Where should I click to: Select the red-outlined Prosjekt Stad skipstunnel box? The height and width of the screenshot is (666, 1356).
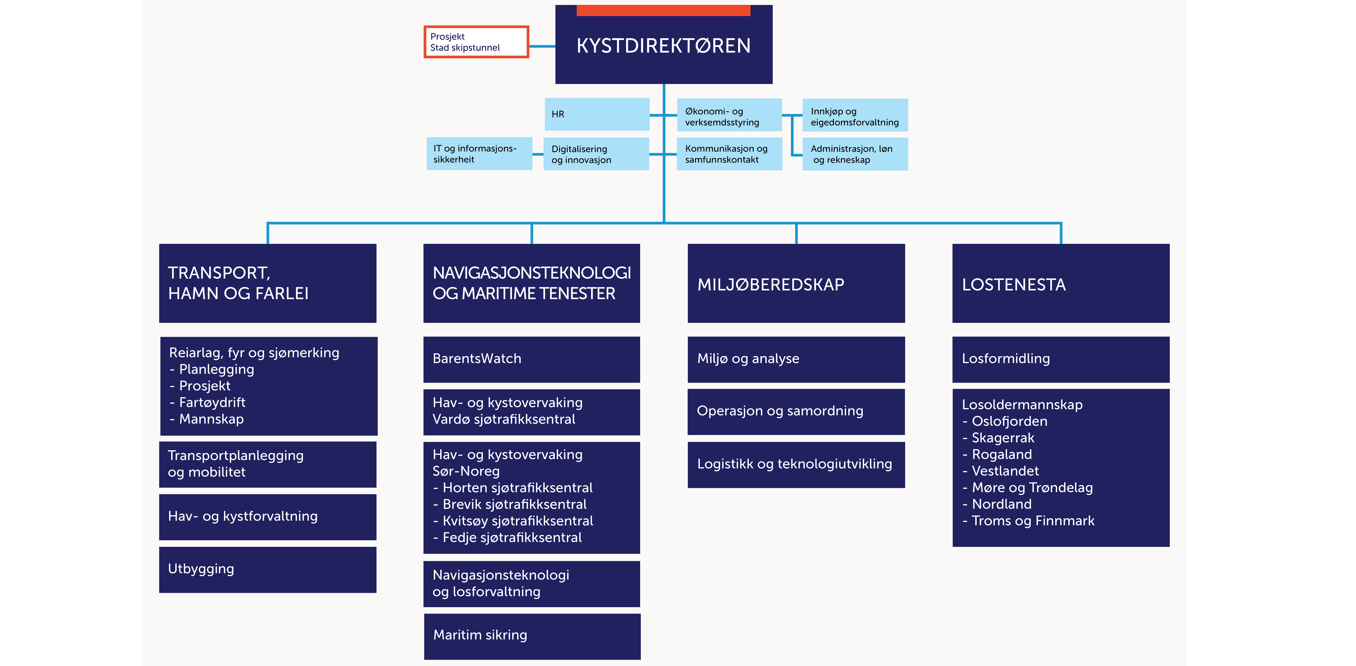(476, 42)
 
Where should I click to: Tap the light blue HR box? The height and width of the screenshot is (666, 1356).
(596, 114)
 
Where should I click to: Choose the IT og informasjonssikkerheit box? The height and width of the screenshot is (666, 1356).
(479, 154)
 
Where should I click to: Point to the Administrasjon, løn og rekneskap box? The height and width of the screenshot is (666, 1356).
(855, 154)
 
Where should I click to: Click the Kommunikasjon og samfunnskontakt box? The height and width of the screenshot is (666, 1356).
(729, 154)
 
